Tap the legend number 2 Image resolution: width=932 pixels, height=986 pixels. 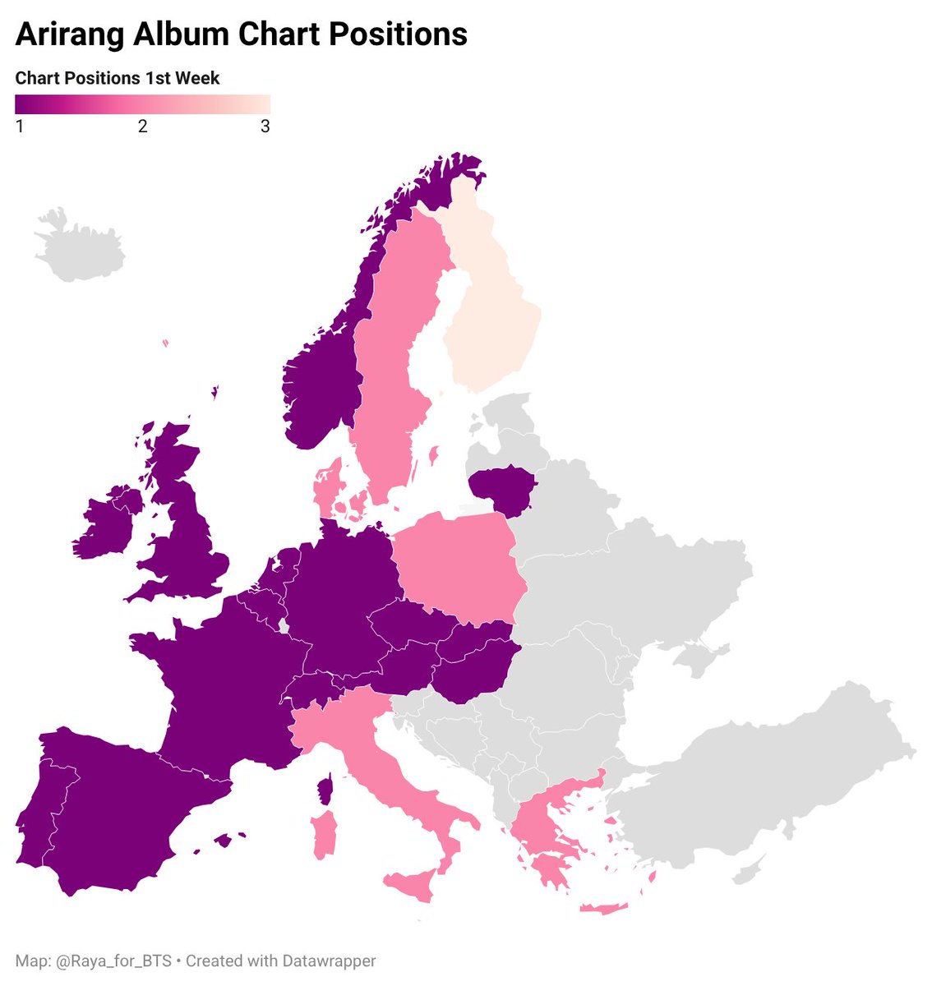click(x=142, y=127)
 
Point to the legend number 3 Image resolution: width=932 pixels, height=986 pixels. click(x=265, y=127)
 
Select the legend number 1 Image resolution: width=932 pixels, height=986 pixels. click(x=20, y=127)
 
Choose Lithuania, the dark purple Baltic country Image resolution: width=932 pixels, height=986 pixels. click(x=501, y=491)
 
